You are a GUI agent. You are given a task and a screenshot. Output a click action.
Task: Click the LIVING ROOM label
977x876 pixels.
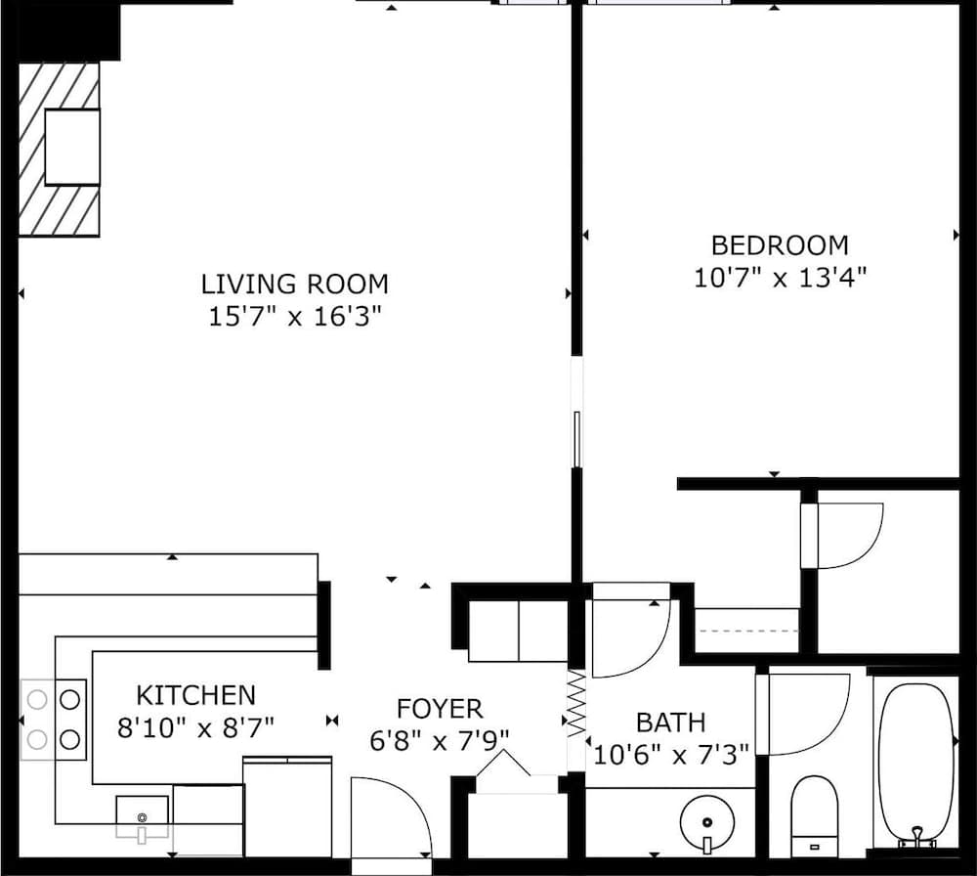(x=294, y=285)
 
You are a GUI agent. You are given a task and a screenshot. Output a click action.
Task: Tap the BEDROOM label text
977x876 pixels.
(x=780, y=245)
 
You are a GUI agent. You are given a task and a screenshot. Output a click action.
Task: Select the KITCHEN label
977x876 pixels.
(x=195, y=695)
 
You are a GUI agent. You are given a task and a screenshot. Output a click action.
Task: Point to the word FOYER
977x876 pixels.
(x=440, y=709)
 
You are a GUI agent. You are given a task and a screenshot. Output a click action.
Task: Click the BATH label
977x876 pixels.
(x=670, y=723)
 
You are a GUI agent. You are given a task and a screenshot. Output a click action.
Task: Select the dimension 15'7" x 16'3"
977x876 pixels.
(x=294, y=317)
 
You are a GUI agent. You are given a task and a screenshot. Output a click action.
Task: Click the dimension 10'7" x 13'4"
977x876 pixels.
(x=780, y=278)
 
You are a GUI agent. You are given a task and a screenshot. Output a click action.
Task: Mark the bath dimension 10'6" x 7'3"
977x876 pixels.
(x=672, y=754)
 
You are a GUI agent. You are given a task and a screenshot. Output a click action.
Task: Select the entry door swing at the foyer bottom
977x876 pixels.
(x=390, y=819)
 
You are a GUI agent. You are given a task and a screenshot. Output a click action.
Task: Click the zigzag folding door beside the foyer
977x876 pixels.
(x=575, y=703)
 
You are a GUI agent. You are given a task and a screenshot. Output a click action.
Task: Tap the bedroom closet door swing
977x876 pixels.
(x=841, y=535)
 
